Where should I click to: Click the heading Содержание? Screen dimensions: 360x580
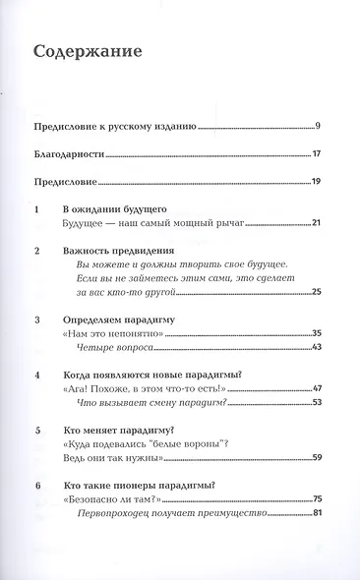pos(87,50)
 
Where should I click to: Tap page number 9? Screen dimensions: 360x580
pos(319,127)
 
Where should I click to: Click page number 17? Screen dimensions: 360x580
pos(317,154)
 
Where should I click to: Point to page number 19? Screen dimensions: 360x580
pos(317,182)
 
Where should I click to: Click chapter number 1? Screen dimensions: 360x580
pos(35,210)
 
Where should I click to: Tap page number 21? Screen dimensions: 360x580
pos(316,225)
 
